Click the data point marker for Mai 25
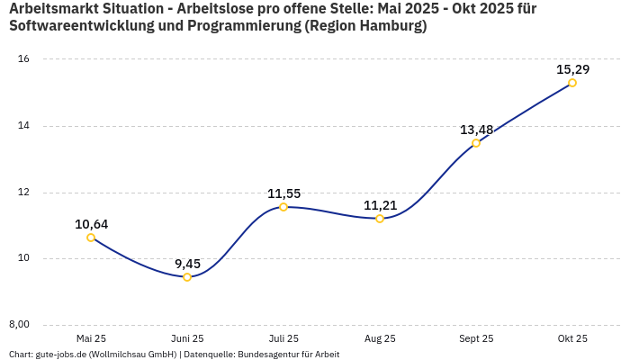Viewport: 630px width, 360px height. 91,238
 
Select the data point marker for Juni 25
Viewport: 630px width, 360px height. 187,277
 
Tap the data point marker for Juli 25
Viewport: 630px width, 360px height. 283,207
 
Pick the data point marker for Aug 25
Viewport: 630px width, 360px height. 380,219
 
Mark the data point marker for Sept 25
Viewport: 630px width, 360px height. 476,143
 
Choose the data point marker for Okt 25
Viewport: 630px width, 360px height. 572,83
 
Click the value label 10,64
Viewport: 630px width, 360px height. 91,224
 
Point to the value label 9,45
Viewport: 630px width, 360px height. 187,264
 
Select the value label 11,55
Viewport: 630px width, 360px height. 283,193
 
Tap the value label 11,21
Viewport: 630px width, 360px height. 380,205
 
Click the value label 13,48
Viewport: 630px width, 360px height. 476,130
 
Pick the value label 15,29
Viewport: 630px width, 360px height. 572,69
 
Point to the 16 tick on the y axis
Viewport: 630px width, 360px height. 24,59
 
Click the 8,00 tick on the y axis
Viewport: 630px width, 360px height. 20,325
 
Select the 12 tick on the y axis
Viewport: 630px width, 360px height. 24,193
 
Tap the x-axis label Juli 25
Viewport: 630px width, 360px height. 283,339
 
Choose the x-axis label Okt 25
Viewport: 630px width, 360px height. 572,339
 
